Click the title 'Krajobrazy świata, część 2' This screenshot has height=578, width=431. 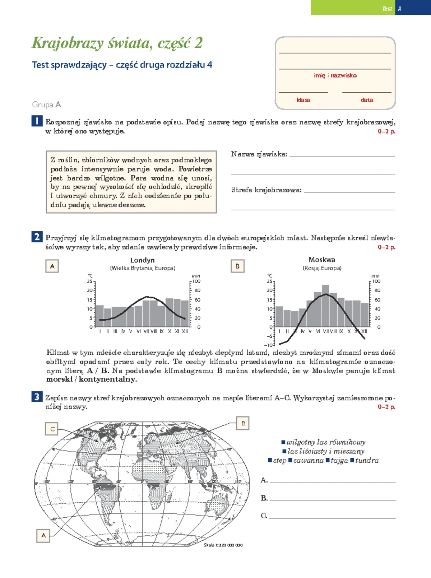click(117, 43)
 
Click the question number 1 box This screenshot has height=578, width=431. click(37, 121)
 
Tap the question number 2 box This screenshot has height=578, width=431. click(37, 237)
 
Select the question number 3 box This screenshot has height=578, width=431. click(37, 397)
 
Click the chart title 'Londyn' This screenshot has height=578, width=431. click(142, 260)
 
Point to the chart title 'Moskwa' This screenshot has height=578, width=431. click(322, 260)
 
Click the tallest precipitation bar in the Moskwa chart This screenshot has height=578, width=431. click(325, 305)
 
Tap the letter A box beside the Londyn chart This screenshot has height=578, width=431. click(52, 266)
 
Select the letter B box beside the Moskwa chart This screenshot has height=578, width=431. click(237, 266)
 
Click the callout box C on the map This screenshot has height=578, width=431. click(52, 429)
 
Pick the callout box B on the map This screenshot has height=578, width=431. click(243, 423)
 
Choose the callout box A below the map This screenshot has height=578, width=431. click(43, 535)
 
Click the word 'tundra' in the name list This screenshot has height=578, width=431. click(367, 460)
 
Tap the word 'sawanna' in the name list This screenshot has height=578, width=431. click(308, 460)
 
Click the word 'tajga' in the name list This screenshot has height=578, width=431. click(339, 460)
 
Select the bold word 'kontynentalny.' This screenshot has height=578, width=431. click(108, 379)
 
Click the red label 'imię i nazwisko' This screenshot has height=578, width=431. click(335, 75)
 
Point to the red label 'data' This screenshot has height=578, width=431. click(367, 100)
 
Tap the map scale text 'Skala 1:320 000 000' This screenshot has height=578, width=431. click(223, 545)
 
